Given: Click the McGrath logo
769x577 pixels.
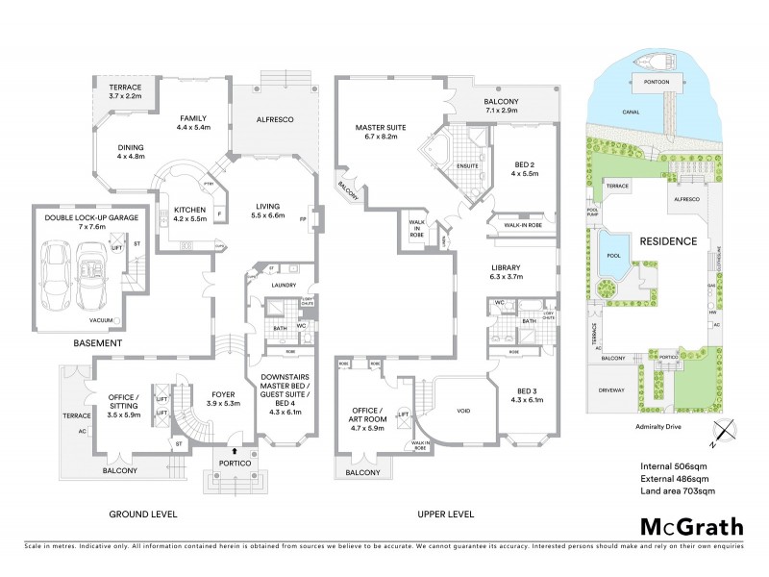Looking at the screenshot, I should pyautogui.click(x=692, y=526).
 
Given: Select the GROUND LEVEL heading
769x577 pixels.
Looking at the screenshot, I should pyautogui.click(x=142, y=514).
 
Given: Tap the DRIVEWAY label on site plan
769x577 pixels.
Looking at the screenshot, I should pyautogui.click(x=611, y=390).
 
